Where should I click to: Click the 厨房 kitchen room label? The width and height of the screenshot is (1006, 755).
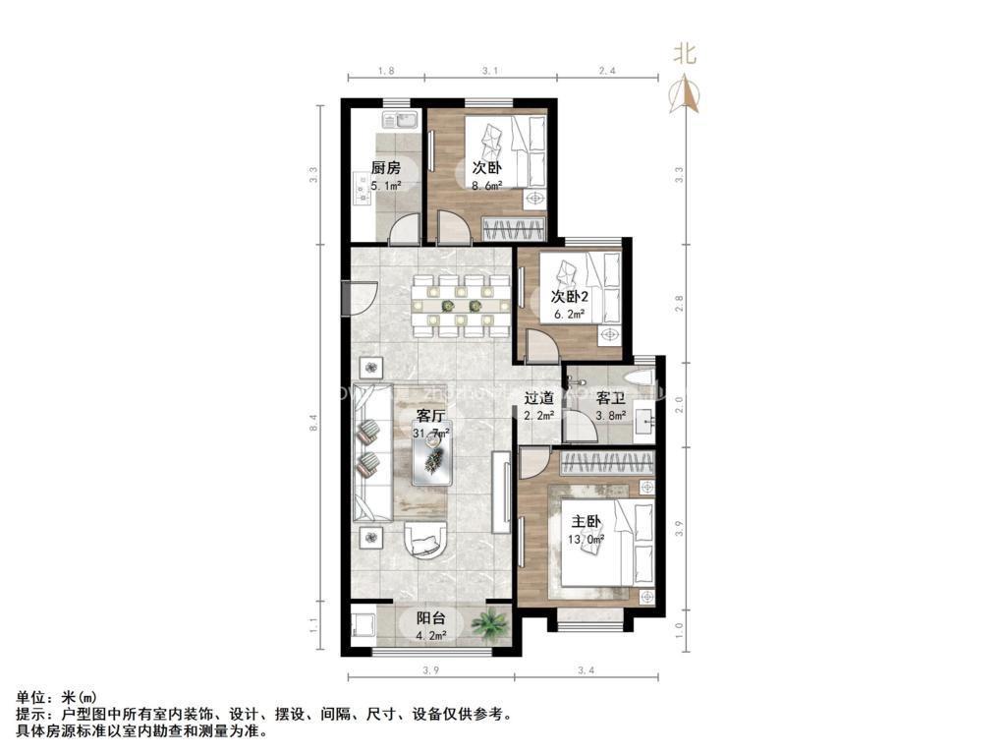tap(385, 167)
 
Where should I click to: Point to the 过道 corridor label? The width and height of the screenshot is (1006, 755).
tap(538, 398)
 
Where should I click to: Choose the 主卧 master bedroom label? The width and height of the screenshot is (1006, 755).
tap(587, 520)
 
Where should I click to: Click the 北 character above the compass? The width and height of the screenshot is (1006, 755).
tap(684, 53)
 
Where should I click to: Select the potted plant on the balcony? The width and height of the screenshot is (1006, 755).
tap(489, 623)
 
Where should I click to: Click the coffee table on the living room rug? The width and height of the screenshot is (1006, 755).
tap(433, 457)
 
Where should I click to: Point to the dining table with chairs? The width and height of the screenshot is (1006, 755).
tap(460, 305)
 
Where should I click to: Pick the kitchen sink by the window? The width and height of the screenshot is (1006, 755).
tap(399, 122)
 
